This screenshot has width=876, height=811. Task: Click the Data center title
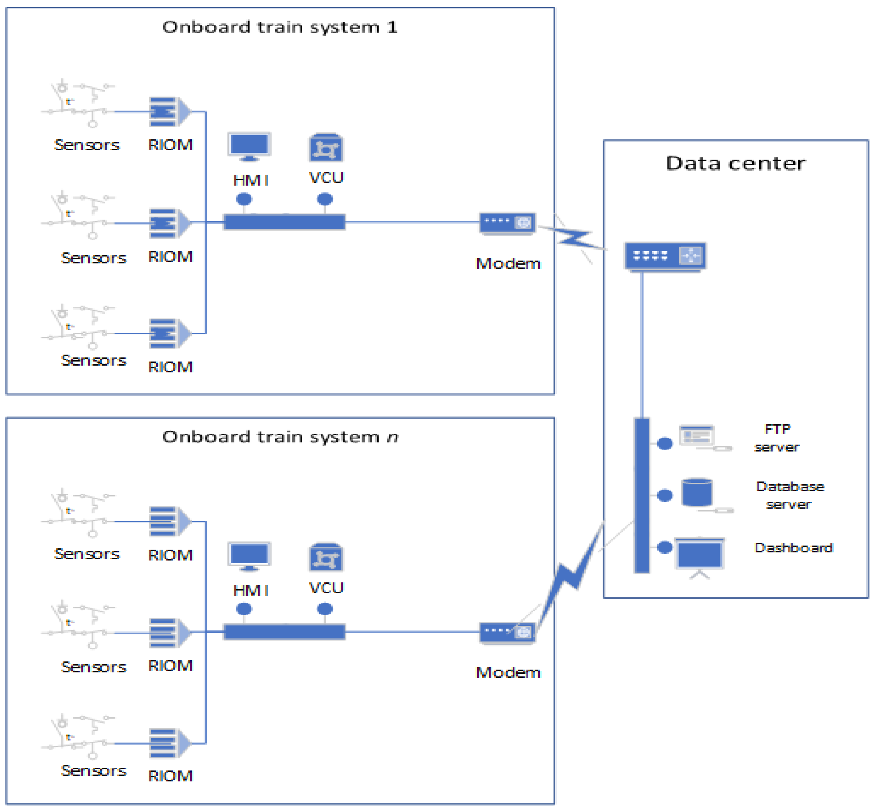[736, 163]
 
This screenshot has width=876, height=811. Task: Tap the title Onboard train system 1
[280, 27]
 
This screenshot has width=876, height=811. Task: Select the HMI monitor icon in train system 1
[249, 146]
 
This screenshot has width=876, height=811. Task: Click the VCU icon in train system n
[326, 557]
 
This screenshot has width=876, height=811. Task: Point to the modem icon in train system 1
[507, 223]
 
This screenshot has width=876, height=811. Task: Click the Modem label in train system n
[508, 672]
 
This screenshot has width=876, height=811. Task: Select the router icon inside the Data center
[665, 256]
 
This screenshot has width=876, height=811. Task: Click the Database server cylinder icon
[697, 492]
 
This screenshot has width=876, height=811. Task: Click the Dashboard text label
[793, 548]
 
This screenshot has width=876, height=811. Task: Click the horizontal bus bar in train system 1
[284, 222]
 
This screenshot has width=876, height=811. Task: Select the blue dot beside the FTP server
[664, 444]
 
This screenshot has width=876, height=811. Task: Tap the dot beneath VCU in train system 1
[325, 199]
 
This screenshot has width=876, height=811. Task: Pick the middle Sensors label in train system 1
[93, 258]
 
